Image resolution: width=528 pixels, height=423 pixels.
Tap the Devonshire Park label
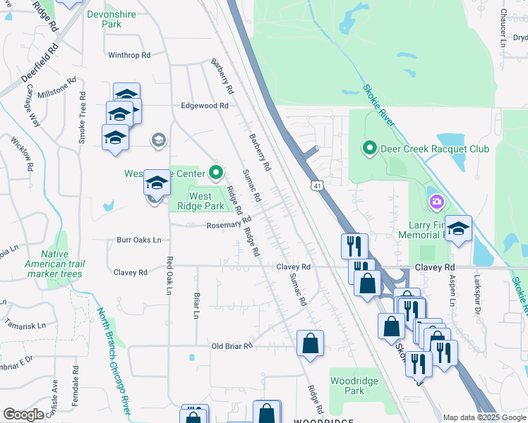point(102,19)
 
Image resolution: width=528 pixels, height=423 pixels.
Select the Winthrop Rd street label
point(129,55)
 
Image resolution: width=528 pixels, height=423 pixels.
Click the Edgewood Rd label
point(205,106)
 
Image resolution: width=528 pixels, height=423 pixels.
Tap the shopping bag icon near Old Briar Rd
point(310,344)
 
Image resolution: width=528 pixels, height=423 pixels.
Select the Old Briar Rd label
point(232,346)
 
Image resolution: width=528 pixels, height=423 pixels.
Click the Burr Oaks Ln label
point(139,240)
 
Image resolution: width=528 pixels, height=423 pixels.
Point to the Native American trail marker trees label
point(63,263)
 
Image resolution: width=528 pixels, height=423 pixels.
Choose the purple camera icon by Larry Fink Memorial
point(436,203)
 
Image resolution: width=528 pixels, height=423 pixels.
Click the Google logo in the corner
point(23,415)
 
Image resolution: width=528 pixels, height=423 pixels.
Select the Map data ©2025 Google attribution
point(484,417)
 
